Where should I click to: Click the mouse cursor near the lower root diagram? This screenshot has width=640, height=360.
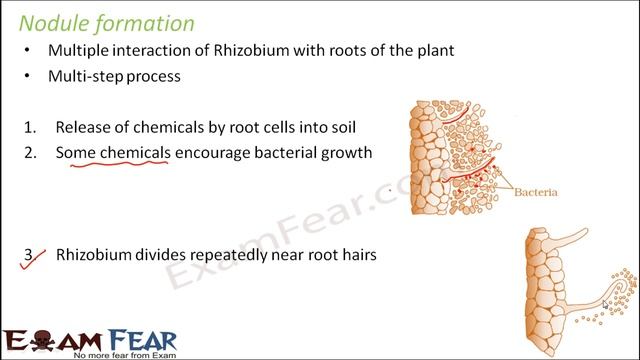(606, 305)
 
